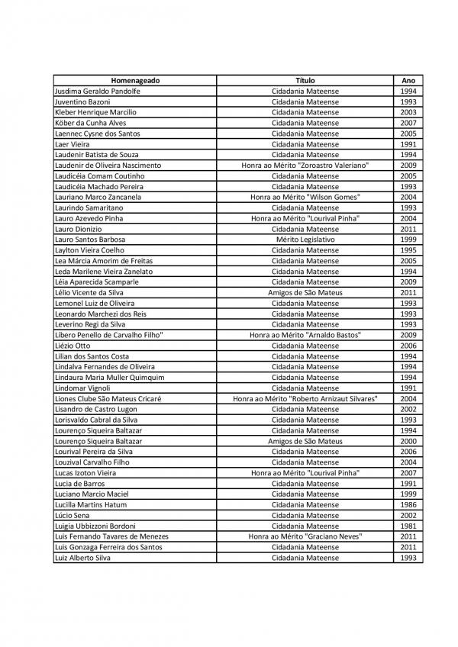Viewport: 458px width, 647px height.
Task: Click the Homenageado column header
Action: point(135,80)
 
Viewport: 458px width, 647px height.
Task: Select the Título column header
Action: point(305,80)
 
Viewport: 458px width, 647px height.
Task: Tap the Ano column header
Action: point(408,80)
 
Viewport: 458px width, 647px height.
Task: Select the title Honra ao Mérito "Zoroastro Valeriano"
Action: point(305,166)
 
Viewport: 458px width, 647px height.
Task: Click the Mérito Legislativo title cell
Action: point(305,240)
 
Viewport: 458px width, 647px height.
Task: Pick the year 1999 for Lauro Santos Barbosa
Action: point(408,240)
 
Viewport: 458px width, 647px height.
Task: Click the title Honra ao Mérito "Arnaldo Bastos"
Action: point(305,335)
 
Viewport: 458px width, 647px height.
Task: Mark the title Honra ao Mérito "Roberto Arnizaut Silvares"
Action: point(305,398)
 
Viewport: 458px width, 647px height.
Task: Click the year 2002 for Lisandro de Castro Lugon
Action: point(408,409)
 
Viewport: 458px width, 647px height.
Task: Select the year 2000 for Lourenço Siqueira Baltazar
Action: point(408,441)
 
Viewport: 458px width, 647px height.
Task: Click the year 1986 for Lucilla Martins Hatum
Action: point(408,505)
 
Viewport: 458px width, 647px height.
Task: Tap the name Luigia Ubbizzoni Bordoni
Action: point(95,526)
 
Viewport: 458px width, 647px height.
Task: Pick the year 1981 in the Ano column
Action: point(408,526)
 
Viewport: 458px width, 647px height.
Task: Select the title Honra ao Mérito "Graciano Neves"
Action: point(305,536)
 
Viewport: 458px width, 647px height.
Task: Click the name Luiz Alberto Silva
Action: point(82,558)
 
